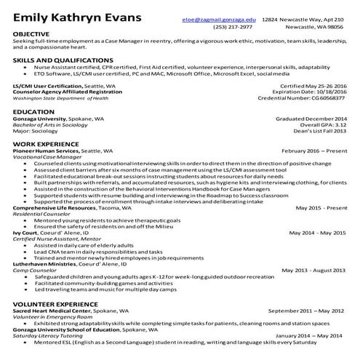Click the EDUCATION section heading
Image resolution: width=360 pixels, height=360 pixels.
pyautogui.click(x=33, y=112)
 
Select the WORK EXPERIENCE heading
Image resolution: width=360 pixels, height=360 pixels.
pyautogui.click(x=44, y=144)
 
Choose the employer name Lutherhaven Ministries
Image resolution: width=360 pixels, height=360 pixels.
pyautogui.click(x=44, y=264)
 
